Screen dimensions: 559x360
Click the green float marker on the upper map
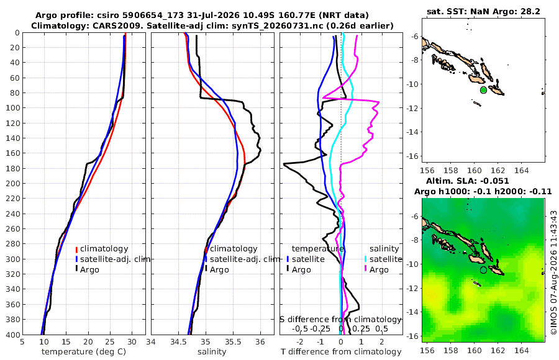pyautogui.click(x=483, y=90)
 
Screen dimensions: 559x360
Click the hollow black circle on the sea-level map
pyautogui.click(x=483, y=270)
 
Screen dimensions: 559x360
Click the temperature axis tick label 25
pyautogui.click(x=110, y=342)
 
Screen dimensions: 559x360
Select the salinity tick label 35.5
pyautogui.click(x=233, y=342)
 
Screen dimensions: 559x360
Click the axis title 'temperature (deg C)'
pyautogui.click(x=84, y=352)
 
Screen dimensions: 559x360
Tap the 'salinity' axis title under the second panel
pyautogui.click(x=212, y=352)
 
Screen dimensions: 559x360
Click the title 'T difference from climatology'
pyautogui.click(x=341, y=352)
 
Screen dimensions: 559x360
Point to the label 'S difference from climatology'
pyautogui.click(x=340, y=320)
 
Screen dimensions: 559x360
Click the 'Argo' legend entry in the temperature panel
pyautogui.click(x=87, y=269)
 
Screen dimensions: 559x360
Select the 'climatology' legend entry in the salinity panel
pyautogui.click(x=231, y=249)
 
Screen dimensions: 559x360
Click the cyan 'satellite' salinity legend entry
pyautogui.click(x=383, y=259)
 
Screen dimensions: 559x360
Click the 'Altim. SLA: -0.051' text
pyautogui.click(x=467, y=181)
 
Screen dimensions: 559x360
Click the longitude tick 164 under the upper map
pyautogui.click(x=522, y=170)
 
